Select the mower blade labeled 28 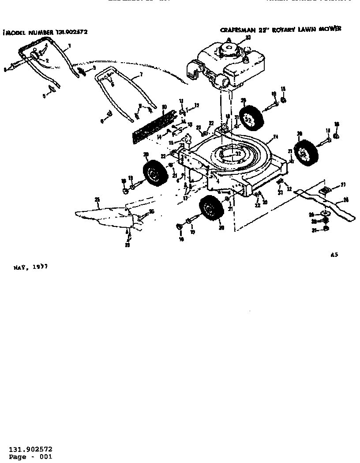pyautogui.click(x=326, y=203)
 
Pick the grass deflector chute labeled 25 pyautogui.click(x=106, y=216)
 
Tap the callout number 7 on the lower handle pyautogui.click(x=141, y=74)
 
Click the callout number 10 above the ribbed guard pyautogui.click(x=163, y=106)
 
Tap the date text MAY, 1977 pyautogui.click(x=30, y=267)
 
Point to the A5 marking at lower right pyautogui.click(x=334, y=255)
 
